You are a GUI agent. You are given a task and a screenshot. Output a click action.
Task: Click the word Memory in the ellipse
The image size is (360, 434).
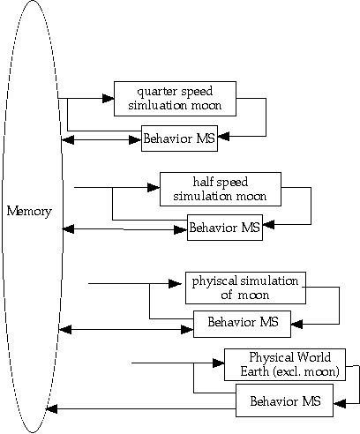click(29, 212)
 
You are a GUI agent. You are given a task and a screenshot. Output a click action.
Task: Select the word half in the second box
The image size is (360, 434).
click(204, 182)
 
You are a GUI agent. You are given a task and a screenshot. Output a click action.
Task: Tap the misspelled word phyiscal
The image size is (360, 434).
click(214, 281)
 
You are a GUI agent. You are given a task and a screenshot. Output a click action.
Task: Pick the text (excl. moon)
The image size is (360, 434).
click(306, 372)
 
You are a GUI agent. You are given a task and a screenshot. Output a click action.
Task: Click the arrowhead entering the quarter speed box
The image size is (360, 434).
click(109, 98)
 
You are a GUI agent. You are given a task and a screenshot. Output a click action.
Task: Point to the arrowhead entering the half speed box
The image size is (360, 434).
click(154, 187)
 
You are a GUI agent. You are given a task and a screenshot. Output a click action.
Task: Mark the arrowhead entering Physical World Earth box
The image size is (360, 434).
click(219, 363)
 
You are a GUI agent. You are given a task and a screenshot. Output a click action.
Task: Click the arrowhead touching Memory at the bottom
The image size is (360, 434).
click(51, 408)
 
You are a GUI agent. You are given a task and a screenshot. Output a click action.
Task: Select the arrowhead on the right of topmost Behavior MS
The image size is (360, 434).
click(224, 137)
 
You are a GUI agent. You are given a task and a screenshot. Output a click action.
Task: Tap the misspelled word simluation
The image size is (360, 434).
click(157, 105)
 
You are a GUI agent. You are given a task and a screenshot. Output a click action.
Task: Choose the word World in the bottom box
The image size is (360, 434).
click(313, 357)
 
